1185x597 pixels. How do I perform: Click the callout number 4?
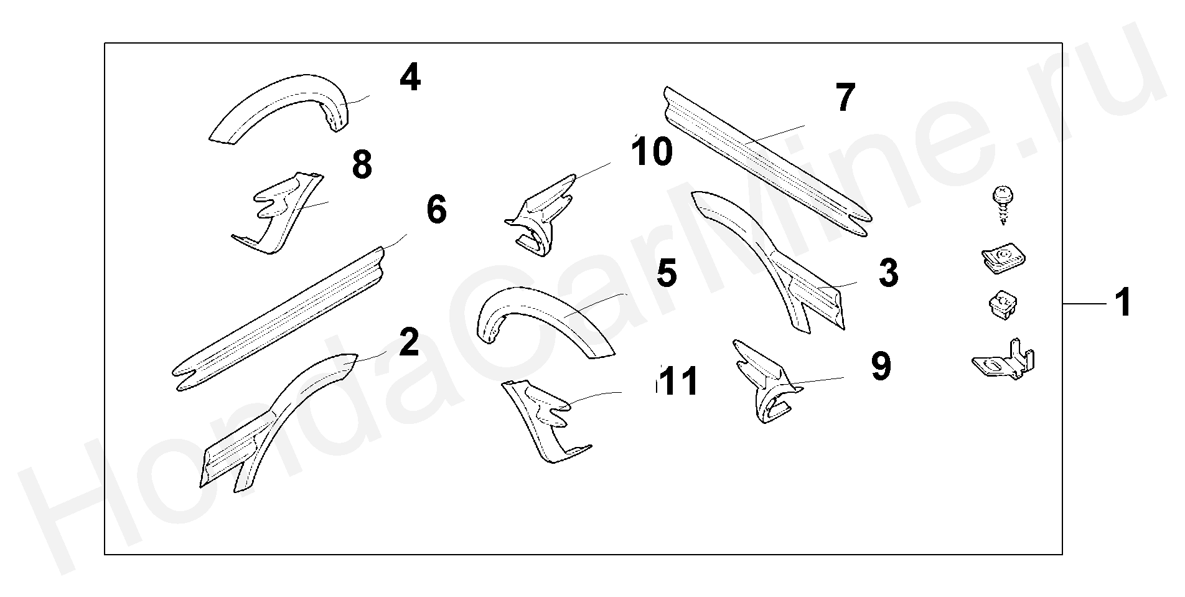pyautogui.click(x=410, y=79)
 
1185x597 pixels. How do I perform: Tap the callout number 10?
pyautogui.click(x=651, y=152)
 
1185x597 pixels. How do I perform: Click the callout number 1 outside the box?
pyautogui.click(x=1122, y=303)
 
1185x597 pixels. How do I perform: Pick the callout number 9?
pyautogui.click(x=880, y=367)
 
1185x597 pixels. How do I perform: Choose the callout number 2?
pyautogui.click(x=408, y=342)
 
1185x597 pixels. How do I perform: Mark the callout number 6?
pyautogui.click(x=436, y=209)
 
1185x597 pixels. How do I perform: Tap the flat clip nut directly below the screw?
pyautogui.click(x=1001, y=261)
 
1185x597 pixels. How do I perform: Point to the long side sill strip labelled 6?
pyautogui.click(x=280, y=317)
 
